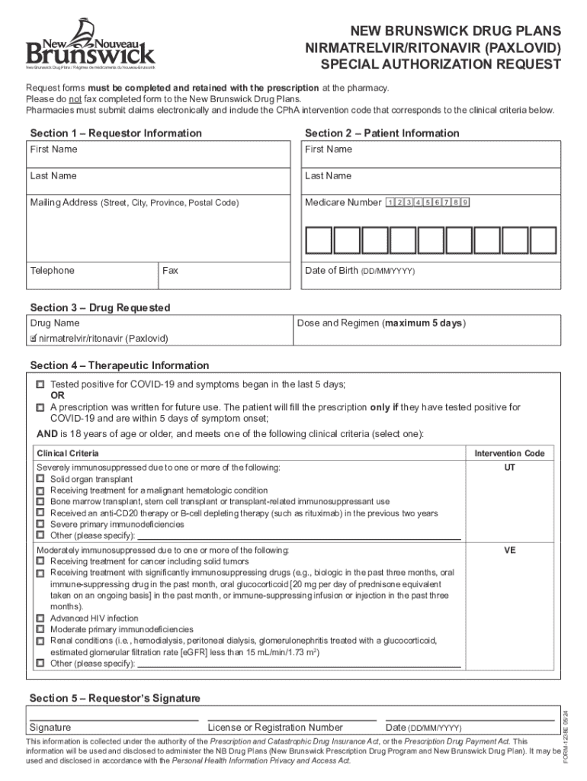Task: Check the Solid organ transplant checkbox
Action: (40, 479)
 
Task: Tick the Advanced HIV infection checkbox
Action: (40, 618)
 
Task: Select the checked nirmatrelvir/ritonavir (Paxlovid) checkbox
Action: (34, 338)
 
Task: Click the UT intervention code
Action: (509, 467)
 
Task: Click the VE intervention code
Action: (509, 549)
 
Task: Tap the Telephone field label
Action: (53, 271)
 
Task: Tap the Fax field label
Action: (170, 271)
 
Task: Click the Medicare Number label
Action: (343, 202)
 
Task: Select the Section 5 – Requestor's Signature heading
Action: (114, 699)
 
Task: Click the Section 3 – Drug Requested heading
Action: (100, 308)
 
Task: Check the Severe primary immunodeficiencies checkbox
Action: (40, 525)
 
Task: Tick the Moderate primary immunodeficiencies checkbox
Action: (40, 629)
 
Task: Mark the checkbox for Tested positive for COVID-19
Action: (40, 385)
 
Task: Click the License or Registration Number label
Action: (275, 728)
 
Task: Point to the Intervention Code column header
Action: (509, 453)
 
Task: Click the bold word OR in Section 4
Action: (57, 397)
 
